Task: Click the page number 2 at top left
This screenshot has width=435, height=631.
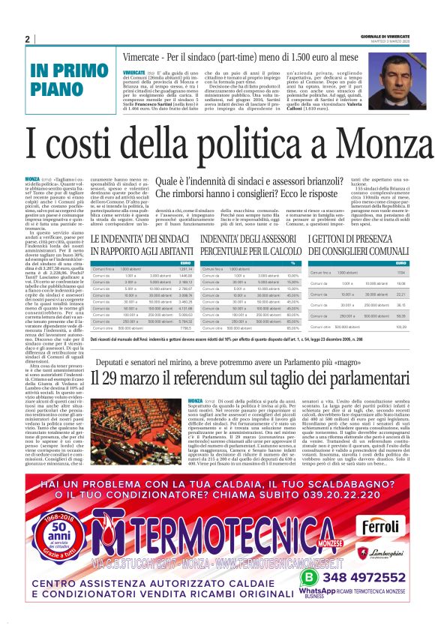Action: (x=27, y=39)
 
